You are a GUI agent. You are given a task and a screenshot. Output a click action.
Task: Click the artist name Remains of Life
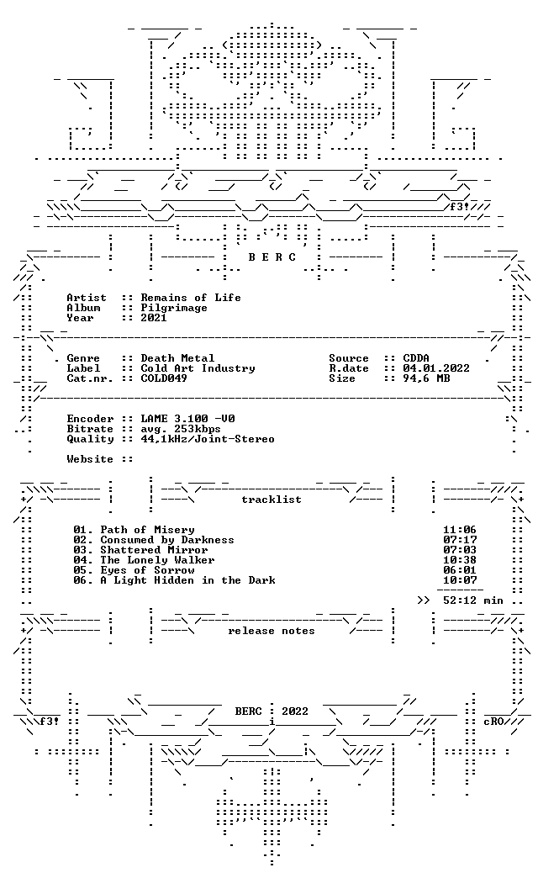click(191, 298)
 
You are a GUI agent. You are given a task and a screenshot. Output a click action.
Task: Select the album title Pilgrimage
click(174, 308)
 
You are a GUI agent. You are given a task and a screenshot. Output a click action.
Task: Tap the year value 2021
click(154, 318)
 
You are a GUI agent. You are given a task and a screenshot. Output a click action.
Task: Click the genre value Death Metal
click(177, 357)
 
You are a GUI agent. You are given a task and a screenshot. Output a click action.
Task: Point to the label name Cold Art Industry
click(198, 368)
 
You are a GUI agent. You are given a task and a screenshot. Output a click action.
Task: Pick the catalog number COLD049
click(164, 378)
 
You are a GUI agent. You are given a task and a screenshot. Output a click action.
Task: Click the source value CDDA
click(416, 357)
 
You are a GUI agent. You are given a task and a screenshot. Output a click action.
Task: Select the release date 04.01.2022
click(436, 368)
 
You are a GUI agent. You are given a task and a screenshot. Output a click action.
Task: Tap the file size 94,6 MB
click(426, 378)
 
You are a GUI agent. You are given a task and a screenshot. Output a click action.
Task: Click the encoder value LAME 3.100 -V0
click(187, 418)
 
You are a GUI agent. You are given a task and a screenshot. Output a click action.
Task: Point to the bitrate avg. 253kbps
click(181, 429)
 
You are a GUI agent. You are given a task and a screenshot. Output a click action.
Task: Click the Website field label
click(90, 459)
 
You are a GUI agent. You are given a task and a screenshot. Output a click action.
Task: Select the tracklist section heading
click(272, 500)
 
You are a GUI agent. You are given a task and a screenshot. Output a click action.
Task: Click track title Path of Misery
click(147, 530)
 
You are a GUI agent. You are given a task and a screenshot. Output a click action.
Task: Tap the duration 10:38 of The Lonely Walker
click(460, 560)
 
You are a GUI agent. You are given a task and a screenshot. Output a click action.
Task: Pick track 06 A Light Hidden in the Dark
click(174, 580)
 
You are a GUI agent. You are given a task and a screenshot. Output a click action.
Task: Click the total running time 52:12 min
click(473, 600)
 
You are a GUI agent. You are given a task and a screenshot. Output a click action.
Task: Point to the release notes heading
click(272, 631)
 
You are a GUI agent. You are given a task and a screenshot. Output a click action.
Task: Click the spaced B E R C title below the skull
click(272, 257)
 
